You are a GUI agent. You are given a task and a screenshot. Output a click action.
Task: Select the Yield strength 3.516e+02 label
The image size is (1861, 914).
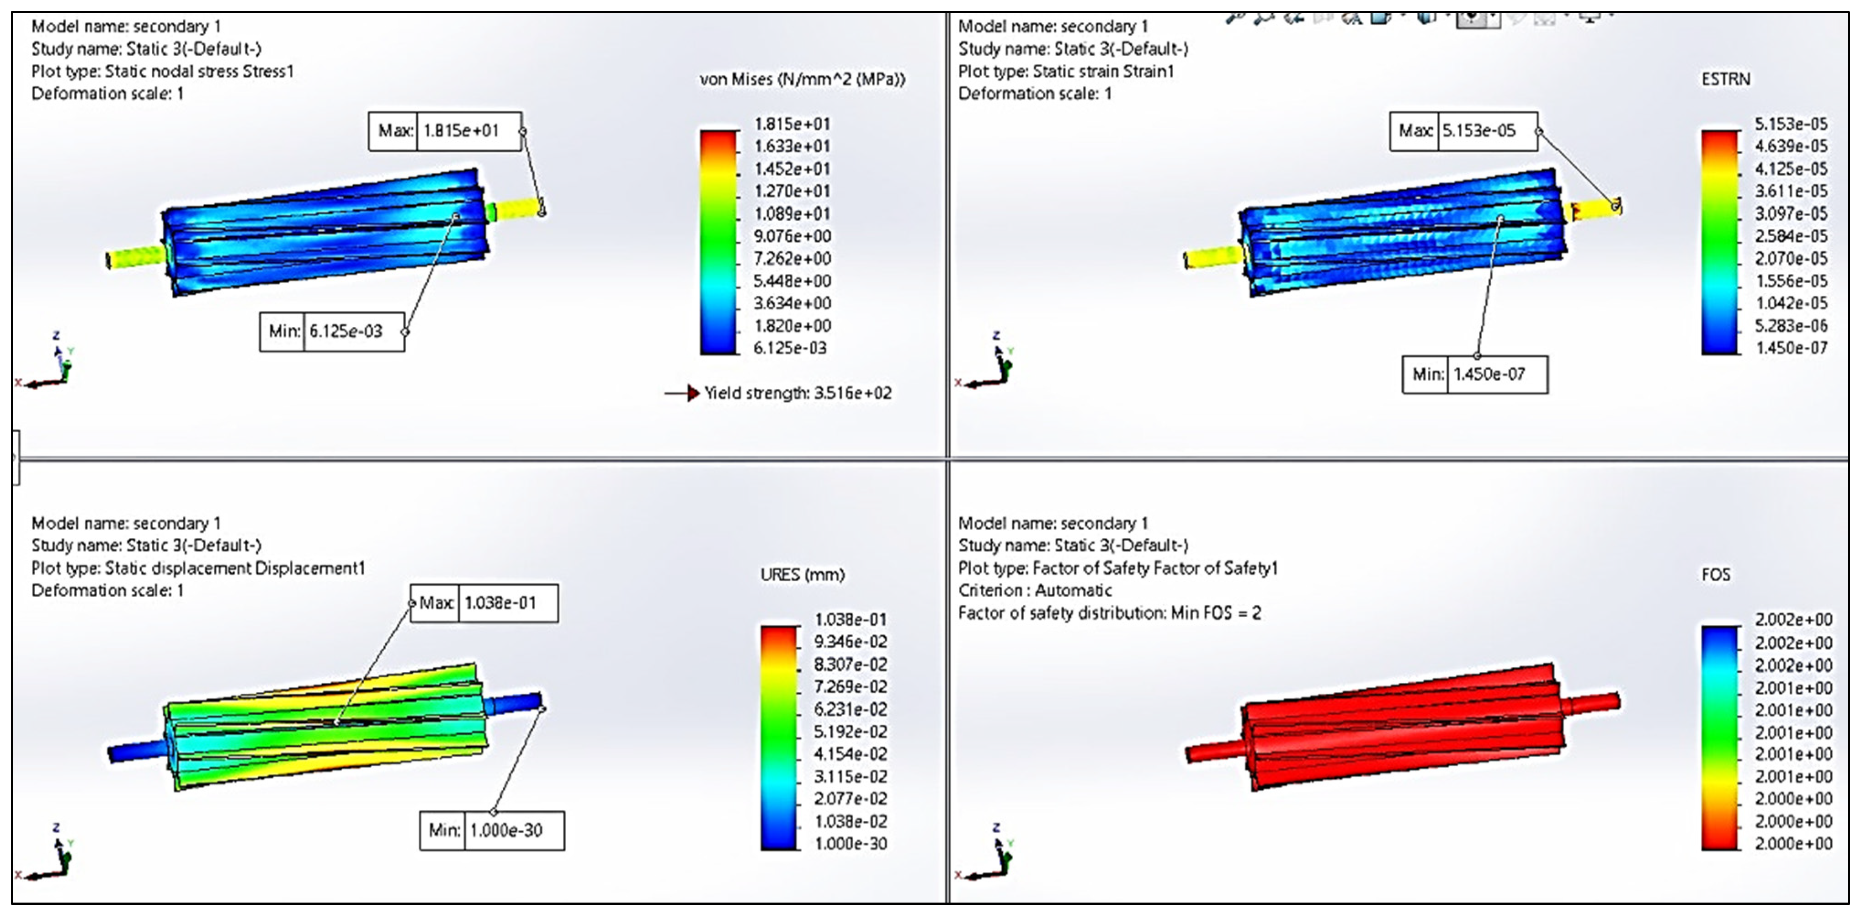coord(798,393)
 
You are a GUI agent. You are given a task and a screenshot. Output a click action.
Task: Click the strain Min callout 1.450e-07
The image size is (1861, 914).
coord(1489,374)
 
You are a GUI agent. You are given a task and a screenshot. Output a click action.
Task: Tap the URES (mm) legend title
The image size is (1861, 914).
coord(802,575)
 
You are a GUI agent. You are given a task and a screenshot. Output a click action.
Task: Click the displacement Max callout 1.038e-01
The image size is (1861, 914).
coord(500,603)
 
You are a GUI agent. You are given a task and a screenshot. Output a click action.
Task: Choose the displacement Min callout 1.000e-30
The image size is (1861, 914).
coord(506,830)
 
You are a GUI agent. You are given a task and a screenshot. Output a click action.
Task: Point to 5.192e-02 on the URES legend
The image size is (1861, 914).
coord(851,731)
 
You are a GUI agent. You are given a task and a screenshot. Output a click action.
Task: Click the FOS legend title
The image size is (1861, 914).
coord(1716,575)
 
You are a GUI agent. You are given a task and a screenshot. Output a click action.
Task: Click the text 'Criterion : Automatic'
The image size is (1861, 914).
coord(1035,590)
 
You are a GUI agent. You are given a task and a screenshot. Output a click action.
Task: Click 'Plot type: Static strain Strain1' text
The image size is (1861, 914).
coord(1066,71)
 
